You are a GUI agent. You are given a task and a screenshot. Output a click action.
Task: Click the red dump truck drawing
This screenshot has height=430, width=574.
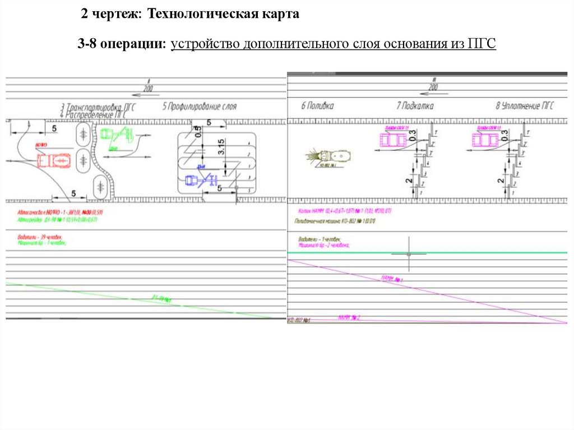[54, 160]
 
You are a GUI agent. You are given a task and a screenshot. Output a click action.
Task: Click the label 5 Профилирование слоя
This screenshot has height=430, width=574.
[200, 106]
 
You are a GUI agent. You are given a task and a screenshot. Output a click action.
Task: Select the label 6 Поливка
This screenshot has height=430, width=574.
[317, 105]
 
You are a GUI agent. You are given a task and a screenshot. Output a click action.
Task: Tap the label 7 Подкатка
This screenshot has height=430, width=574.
[414, 105]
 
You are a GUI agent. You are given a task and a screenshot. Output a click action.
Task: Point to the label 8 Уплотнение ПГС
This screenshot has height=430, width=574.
[525, 105]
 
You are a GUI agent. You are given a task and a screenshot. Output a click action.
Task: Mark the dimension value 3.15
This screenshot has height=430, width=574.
[221, 147]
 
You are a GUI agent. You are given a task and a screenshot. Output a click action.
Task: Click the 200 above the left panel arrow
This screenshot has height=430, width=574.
[147, 89]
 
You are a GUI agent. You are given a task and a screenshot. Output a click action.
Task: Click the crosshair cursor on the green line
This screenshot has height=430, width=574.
[409, 253]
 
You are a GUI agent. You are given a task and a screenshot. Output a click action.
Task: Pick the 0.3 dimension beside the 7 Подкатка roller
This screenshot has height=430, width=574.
[413, 134]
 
